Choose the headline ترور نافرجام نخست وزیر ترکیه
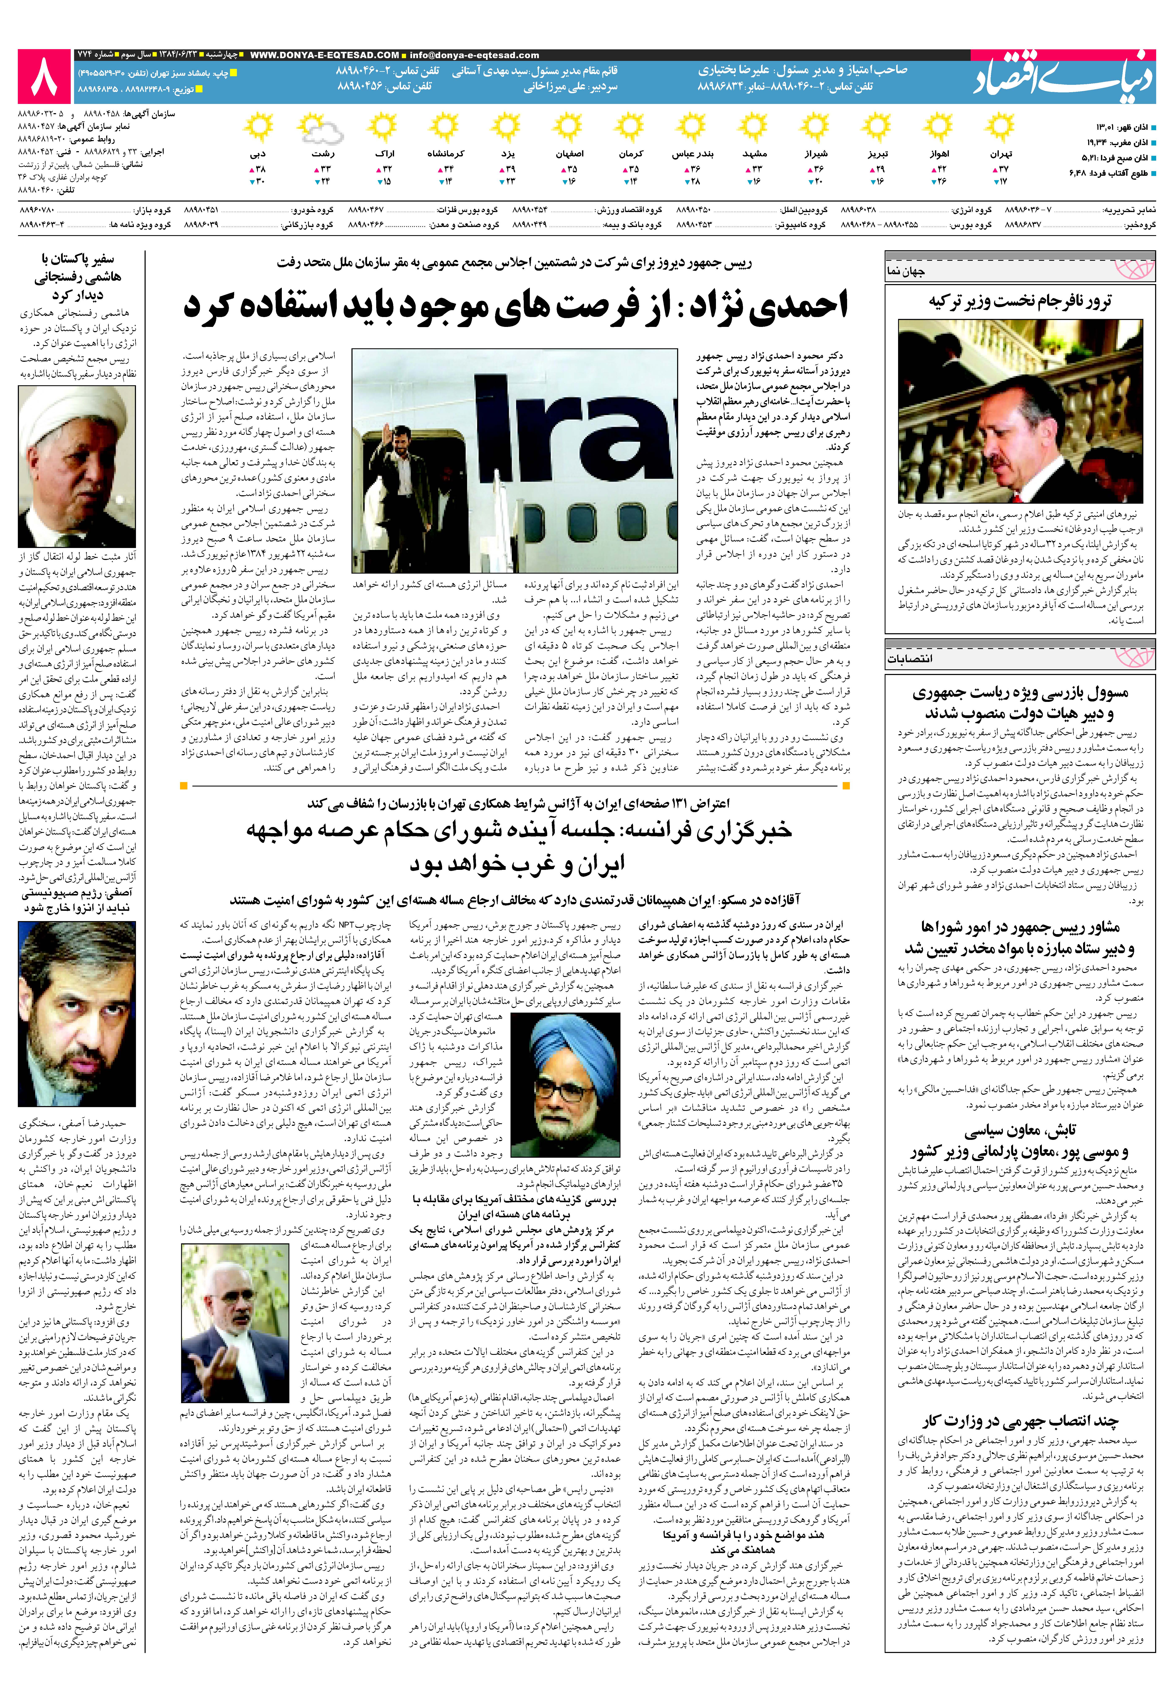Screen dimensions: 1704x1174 (x=1020, y=301)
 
